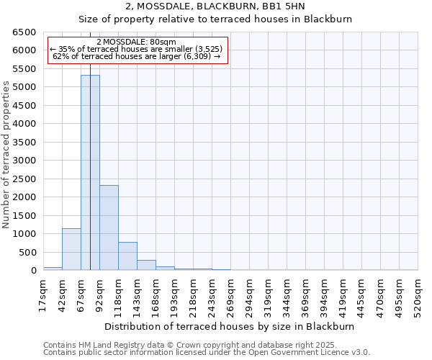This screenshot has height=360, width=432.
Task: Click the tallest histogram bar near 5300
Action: (x=90, y=173)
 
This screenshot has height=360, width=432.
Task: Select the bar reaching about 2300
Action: (x=109, y=228)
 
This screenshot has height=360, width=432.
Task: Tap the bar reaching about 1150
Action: (x=71, y=249)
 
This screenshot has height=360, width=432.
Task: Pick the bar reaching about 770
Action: (x=127, y=256)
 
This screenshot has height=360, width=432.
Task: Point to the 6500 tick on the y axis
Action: (x=24, y=32)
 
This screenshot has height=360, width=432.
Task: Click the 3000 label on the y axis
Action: (x=24, y=161)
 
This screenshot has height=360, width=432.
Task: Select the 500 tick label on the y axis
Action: (x=27, y=252)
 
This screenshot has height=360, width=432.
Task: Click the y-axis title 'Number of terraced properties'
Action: (x=6, y=154)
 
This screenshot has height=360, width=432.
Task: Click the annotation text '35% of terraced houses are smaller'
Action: (x=137, y=49)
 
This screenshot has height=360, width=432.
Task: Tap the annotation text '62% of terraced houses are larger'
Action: (x=137, y=56)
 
